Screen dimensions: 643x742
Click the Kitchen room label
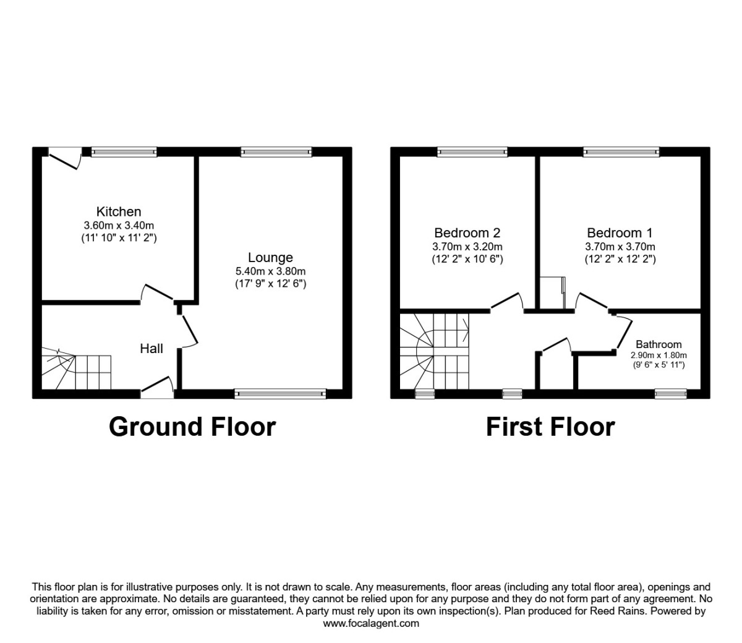[x=119, y=211]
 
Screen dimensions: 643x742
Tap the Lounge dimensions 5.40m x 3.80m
[x=271, y=271]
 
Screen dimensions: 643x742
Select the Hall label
[x=151, y=349]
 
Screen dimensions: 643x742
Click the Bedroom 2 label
[x=467, y=233]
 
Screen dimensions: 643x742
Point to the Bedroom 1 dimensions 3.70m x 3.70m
[x=620, y=247]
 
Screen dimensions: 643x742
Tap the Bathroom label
[x=659, y=344]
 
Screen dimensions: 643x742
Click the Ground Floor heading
[x=192, y=427]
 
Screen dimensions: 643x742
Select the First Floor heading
[x=550, y=427]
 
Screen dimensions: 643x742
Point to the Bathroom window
[x=671, y=393]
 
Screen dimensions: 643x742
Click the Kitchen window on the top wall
[x=124, y=151]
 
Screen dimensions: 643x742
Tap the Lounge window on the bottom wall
[x=280, y=393]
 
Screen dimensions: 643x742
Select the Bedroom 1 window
[x=621, y=151]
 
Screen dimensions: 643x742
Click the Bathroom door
[x=623, y=333]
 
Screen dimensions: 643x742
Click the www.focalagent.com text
[x=371, y=623]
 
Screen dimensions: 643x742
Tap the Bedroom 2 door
[x=507, y=301]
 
